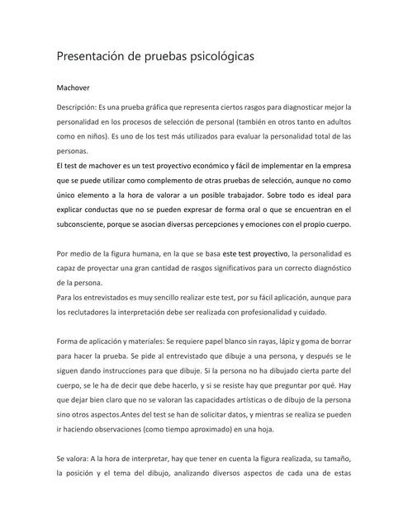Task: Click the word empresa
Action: tap(334, 166)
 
